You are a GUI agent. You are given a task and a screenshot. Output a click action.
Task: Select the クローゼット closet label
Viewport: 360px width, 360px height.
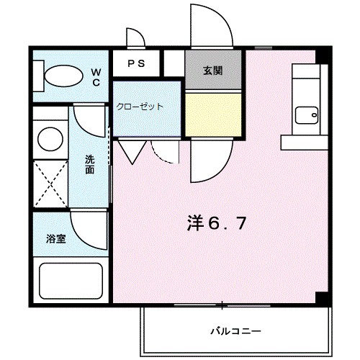pyautogui.click(x=140, y=106)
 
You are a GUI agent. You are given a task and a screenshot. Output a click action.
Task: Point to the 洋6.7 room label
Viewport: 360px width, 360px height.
pyautogui.click(x=217, y=222)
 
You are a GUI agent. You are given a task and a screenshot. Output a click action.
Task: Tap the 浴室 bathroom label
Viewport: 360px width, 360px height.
pyautogui.click(x=56, y=238)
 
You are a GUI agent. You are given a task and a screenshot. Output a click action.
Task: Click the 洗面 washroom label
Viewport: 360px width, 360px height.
pyautogui.click(x=89, y=165)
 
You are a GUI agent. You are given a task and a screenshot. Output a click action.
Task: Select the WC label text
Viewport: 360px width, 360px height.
pyautogui.click(x=96, y=76)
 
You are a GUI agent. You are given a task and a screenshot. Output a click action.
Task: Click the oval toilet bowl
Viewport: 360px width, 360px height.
pyautogui.click(x=63, y=75)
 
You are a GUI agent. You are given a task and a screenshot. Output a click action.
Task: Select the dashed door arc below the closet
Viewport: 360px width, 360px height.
pyautogui.click(x=165, y=150)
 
